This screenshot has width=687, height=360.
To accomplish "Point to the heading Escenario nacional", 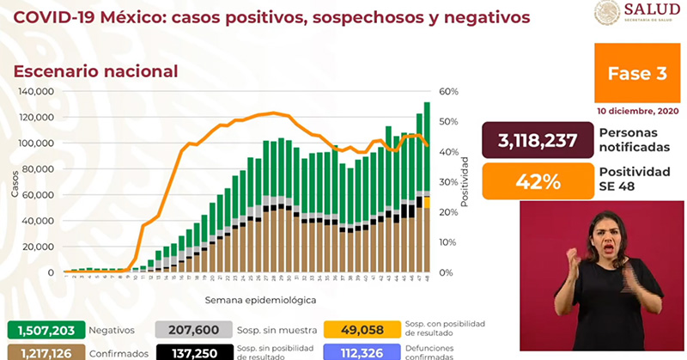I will (x=95, y=71).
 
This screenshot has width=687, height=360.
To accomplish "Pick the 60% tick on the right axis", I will (x=448, y=92).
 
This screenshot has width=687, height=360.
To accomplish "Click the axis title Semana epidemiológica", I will (x=259, y=301).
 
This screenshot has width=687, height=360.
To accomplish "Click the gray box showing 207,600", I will (x=194, y=329).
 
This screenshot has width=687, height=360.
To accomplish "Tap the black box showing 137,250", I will (x=194, y=352).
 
